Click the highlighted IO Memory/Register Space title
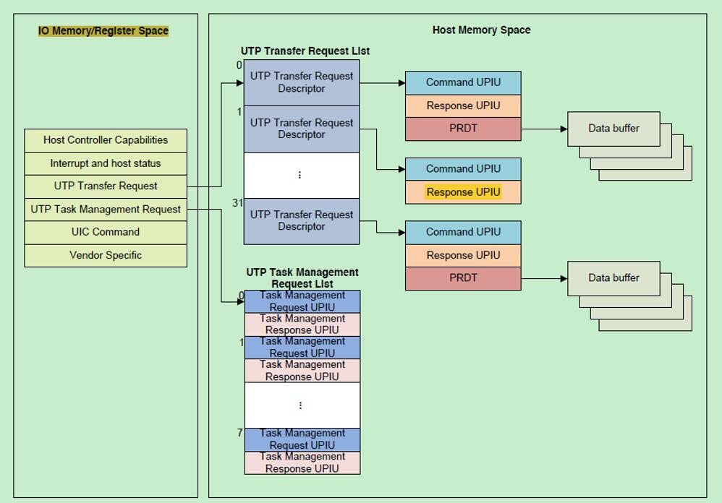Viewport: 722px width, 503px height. pos(103,31)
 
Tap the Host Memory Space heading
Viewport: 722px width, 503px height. pos(481,30)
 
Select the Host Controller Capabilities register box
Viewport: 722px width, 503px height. pos(106,140)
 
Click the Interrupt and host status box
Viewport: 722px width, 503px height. pos(106,163)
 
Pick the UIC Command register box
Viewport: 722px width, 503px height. pos(106,232)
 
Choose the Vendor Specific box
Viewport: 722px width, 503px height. pos(106,255)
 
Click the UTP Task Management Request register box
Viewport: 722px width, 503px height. pos(106,209)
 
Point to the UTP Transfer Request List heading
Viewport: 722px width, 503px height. pos(305,51)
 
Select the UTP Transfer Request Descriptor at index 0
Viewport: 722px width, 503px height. pos(302,82)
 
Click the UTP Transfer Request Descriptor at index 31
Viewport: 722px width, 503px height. pos(302,220)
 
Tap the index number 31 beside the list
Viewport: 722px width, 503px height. pos(237,203)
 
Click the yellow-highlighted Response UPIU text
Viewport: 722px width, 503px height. pos(463,192)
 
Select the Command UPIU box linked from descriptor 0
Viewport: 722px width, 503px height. pos(463,82)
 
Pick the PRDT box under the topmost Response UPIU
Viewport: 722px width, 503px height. pos(463,129)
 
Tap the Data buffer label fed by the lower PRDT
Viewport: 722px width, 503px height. pos(613,278)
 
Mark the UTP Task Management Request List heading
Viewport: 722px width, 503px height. pos(302,278)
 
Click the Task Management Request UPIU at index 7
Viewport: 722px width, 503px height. pos(302,439)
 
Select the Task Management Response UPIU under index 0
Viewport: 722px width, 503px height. pos(302,324)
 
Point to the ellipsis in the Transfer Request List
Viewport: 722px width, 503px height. pos(300,175)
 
